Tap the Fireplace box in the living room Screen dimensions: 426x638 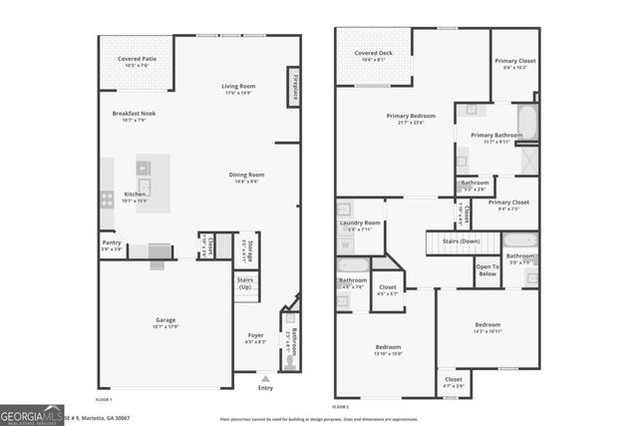click(x=295, y=88)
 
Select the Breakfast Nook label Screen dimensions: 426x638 click(x=134, y=114)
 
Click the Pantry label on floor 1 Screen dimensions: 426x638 click(x=112, y=243)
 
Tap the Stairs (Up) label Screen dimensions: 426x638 click(x=244, y=283)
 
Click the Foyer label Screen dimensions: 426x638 click(x=255, y=336)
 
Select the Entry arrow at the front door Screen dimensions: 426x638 click(x=264, y=380)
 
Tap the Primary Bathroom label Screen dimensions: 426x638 click(x=496, y=135)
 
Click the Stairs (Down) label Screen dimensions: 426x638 click(x=462, y=241)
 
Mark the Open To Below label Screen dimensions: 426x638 click(x=487, y=268)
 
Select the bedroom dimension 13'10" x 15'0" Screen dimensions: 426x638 click(x=387, y=353)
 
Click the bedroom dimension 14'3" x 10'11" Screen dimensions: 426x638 click(x=487, y=331)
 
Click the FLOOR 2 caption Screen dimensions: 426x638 click(x=341, y=407)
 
